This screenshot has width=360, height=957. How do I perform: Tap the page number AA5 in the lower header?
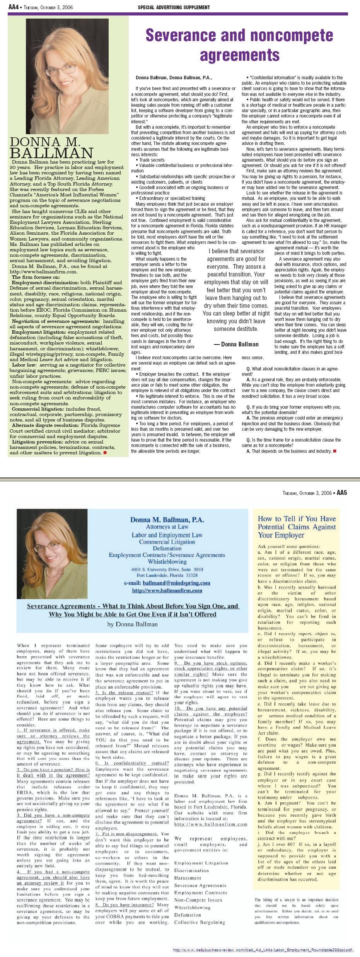341,493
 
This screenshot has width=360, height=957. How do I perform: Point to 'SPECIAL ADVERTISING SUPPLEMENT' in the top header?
174,7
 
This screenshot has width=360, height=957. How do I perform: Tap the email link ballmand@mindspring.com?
176,583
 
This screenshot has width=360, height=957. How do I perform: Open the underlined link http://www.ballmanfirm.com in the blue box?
167,590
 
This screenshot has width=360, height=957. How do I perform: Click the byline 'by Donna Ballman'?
132,624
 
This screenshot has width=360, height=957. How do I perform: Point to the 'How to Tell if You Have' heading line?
297,519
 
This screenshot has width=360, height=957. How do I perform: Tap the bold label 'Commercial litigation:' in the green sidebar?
38,409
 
